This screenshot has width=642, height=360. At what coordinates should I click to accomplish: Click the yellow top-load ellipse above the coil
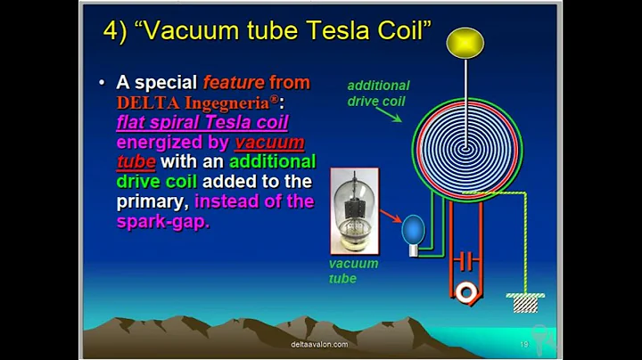coord(465,43)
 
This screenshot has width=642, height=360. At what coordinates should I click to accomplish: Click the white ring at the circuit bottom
coord(464,290)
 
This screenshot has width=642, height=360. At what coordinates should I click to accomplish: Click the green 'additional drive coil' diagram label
coord(377,94)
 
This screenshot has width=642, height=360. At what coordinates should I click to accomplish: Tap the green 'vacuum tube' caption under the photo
coord(353,271)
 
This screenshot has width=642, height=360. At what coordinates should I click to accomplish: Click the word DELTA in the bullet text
coord(144,102)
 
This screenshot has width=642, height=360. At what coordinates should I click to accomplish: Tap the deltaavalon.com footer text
coord(319,344)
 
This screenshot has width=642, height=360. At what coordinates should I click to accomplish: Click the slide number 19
coord(524,344)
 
